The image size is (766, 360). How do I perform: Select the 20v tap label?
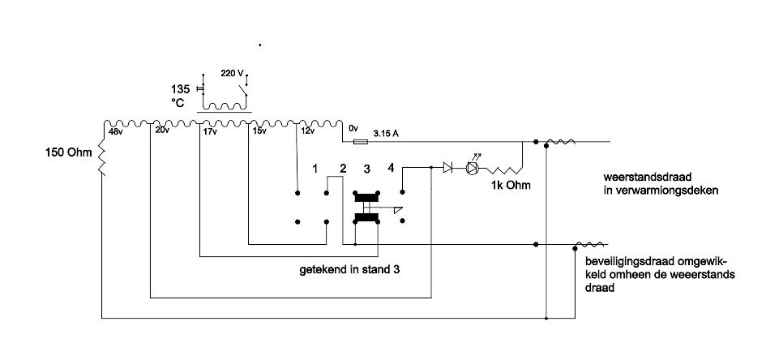tap(163, 131)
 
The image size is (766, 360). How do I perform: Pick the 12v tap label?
tap(307, 131)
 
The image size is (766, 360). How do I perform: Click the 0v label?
tap(353, 128)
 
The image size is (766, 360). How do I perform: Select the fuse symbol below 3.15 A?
tap(360, 142)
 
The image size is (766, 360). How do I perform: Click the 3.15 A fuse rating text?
tap(387, 133)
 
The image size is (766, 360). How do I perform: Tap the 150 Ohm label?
tap(69, 152)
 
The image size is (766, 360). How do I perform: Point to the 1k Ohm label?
tap(511, 186)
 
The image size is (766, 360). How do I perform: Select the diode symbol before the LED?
tap(448, 168)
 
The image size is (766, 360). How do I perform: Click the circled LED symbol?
tap(473, 167)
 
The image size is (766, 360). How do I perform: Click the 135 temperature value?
tap(180, 89)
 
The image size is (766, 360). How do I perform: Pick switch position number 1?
tap(315, 169)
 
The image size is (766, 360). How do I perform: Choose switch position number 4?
tap(391, 168)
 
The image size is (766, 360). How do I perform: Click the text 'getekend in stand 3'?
tap(350, 270)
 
